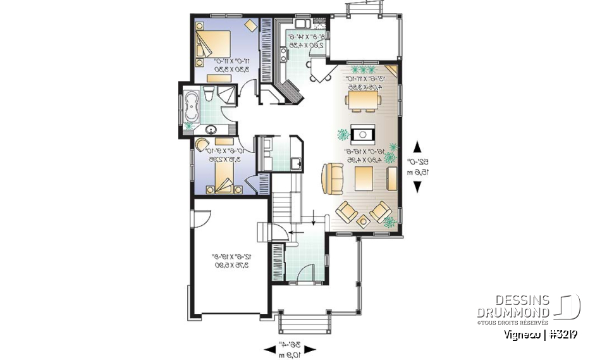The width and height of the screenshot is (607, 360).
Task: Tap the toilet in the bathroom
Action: pyautogui.click(x=207, y=96)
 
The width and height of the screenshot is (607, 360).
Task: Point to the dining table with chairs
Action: pyautogui.click(x=364, y=100)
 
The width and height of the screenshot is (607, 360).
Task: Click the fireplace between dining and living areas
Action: pyautogui.click(x=364, y=134)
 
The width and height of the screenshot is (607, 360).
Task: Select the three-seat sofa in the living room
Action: pyautogui.click(x=331, y=178)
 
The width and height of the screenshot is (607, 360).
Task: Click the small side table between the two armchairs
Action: pyautogui.click(x=364, y=220)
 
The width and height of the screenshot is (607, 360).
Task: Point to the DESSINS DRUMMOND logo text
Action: pyautogui.click(x=513, y=307)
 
